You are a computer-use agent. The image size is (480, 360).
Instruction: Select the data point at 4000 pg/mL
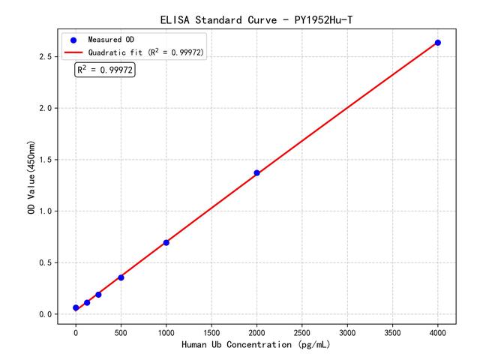pyautogui.click(x=438, y=43)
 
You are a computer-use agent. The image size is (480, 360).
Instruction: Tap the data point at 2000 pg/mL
pyautogui.click(x=256, y=173)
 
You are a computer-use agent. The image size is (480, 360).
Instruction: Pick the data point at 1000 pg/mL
pyautogui.click(x=166, y=242)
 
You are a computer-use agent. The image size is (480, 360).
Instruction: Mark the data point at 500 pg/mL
pyautogui.click(x=121, y=277)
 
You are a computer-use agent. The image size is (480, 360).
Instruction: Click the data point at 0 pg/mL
pyautogui.click(x=76, y=308)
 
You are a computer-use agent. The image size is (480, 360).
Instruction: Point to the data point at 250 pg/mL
pyautogui.click(x=98, y=295)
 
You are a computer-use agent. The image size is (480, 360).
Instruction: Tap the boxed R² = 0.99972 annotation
pyautogui.click(x=105, y=70)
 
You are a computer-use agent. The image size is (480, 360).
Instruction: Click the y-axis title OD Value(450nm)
pyautogui.click(x=31, y=178)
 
